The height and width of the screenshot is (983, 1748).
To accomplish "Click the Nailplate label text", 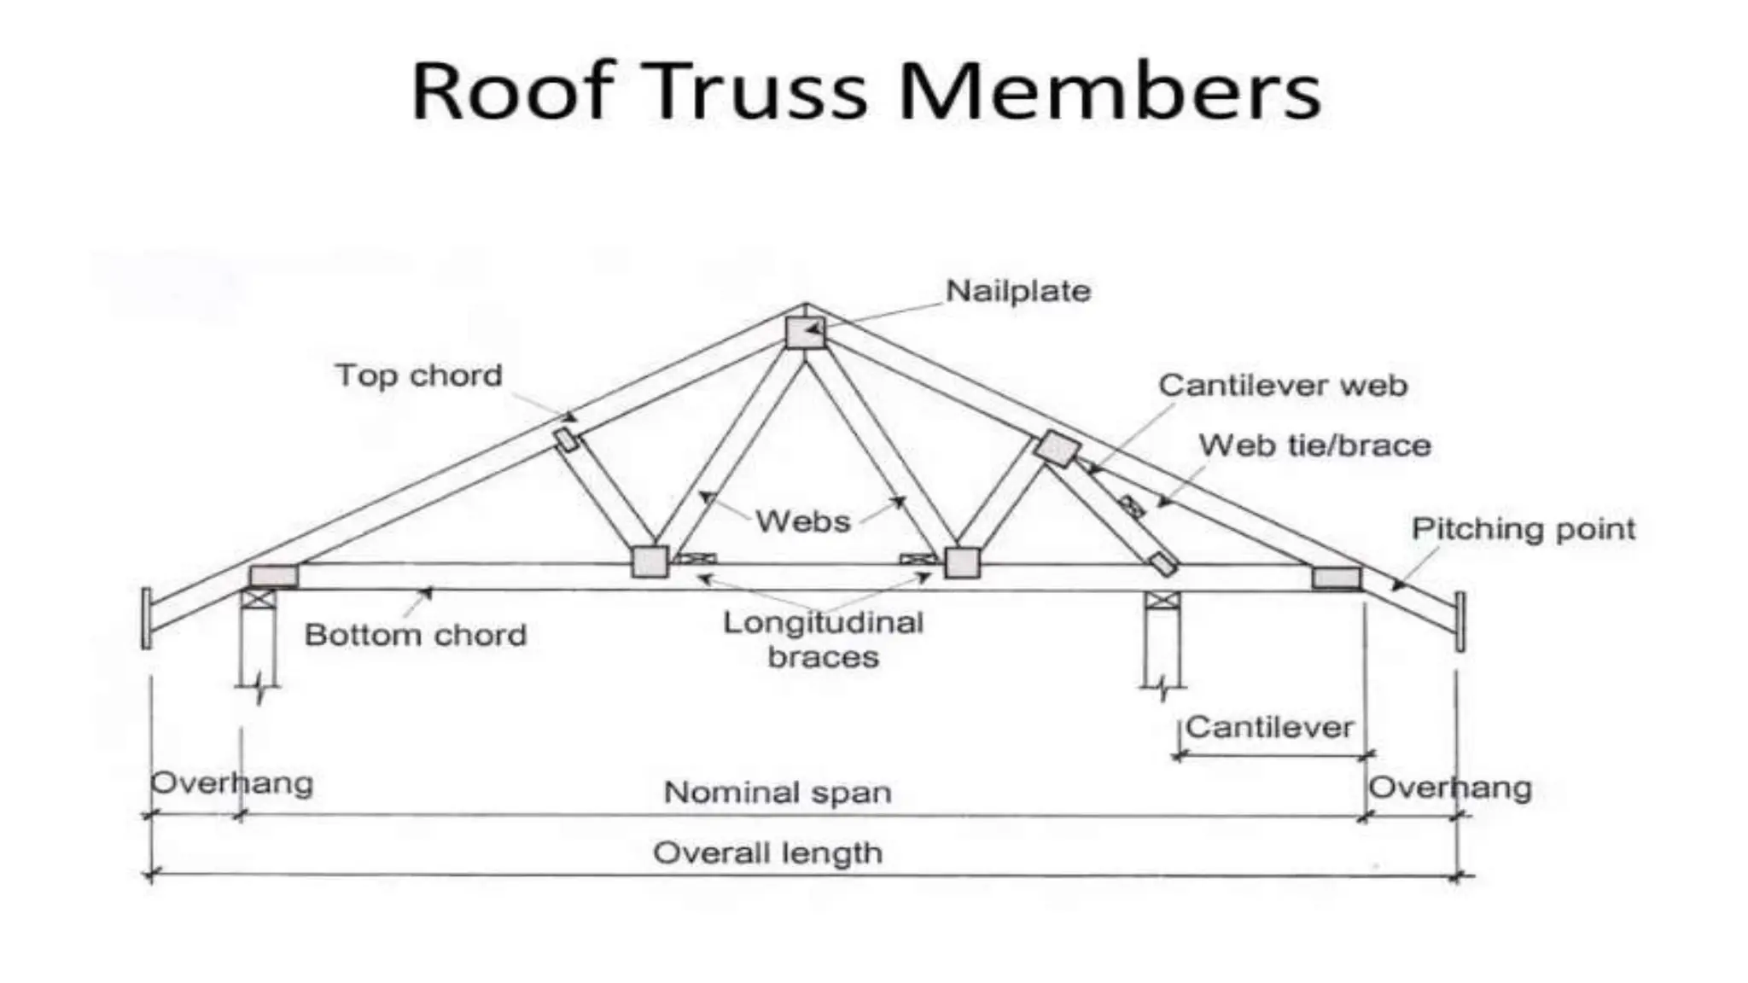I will [x=1017, y=292].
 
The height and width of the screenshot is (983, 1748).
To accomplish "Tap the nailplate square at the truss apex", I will [x=805, y=333].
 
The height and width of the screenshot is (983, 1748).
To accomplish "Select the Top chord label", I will [x=418, y=375].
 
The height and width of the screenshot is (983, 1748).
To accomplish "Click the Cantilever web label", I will [x=1282, y=386].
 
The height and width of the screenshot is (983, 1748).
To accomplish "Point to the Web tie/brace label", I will [x=1314, y=445].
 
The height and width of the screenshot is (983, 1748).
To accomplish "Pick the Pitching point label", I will [x=1523, y=529].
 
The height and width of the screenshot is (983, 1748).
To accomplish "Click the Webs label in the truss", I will [x=802, y=521].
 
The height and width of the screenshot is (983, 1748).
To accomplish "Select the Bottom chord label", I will [x=415, y=635].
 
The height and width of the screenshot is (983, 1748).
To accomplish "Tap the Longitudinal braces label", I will [x=823, y=640].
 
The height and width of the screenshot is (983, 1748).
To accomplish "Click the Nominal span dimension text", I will [x=778, y=793].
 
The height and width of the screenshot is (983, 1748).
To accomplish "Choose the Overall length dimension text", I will [x=767, y=853].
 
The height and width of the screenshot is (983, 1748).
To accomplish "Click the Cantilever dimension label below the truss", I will [x=1269, y=728].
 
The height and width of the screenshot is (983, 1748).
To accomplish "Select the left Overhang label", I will [x=231, y=783].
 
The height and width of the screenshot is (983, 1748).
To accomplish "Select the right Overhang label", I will [x=1449, y=788].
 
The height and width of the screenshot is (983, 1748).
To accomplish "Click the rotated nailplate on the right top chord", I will [x=1058, y=448].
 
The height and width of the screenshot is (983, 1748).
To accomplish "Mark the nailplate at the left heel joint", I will [x=273, y=576].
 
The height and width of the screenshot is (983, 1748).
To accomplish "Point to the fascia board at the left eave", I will [x=147, y=618].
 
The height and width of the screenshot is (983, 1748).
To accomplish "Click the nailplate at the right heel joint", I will [x=1337, y=578].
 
